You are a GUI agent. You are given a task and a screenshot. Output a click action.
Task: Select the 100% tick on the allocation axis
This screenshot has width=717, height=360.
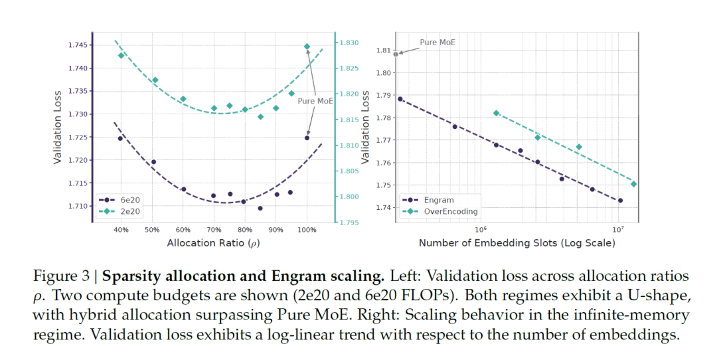(x=307, y=230)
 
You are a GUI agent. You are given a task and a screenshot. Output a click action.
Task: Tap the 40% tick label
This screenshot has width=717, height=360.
(x=120, y=230)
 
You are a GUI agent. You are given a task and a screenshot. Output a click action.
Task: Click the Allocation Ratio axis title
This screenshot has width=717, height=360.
(x=212, y=244)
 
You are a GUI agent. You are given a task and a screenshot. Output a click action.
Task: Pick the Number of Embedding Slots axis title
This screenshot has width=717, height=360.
(x=517, y=243)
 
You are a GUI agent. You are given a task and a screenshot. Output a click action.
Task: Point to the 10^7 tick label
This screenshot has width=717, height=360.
(x=618, y=230)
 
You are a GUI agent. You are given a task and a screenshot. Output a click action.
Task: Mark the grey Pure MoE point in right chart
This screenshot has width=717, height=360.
(x=396, y=54)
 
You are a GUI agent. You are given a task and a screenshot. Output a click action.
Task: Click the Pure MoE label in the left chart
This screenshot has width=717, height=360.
(x=315, y=102)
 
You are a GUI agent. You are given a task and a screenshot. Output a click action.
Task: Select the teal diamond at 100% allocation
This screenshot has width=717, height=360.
(x=307, y=46)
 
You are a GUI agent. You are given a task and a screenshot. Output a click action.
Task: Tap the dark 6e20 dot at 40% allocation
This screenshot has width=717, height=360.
(x=120, y=138)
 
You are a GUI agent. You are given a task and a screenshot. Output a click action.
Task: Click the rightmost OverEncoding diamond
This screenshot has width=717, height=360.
(x=633, y=184)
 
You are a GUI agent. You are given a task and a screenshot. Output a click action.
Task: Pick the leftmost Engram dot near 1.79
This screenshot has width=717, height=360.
(x=400, y=99)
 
